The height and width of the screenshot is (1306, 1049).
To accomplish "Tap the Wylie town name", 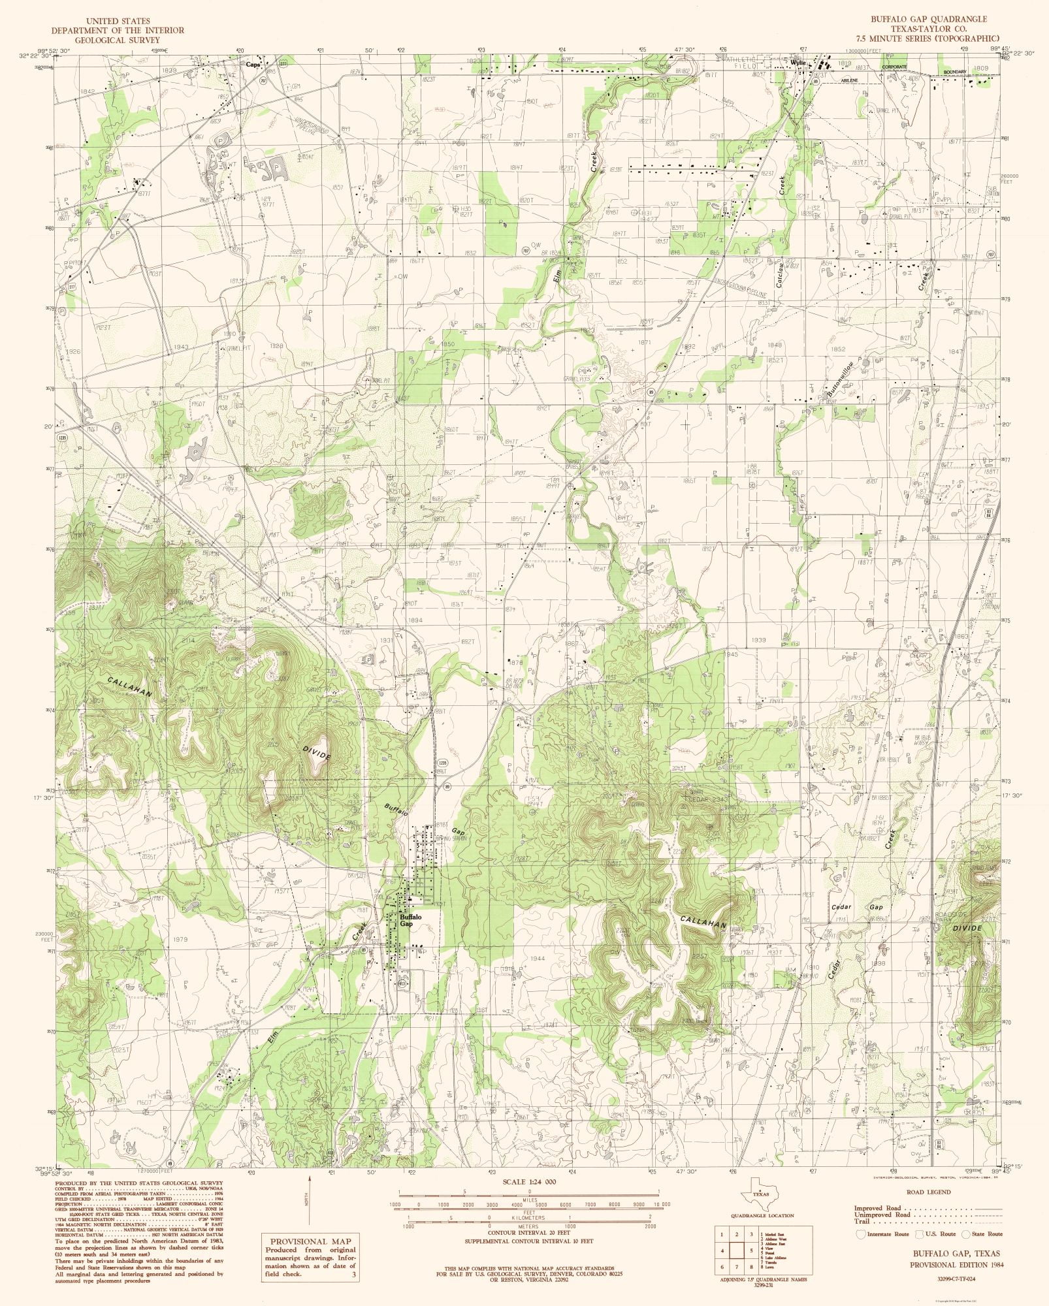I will coord(798,63).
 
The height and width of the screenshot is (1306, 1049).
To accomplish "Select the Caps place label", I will coord(253,64).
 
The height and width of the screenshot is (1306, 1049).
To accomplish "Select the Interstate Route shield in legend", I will coord(861,1234).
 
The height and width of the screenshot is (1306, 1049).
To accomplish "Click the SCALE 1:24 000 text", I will coord(529,1182).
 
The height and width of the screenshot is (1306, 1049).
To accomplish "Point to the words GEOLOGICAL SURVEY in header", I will coord(118,40).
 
